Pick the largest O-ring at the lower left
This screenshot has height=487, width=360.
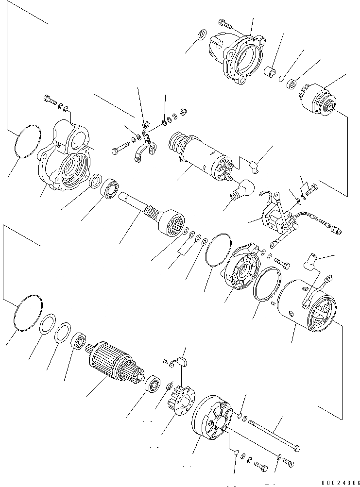27,313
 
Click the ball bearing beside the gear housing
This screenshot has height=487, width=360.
110,189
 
